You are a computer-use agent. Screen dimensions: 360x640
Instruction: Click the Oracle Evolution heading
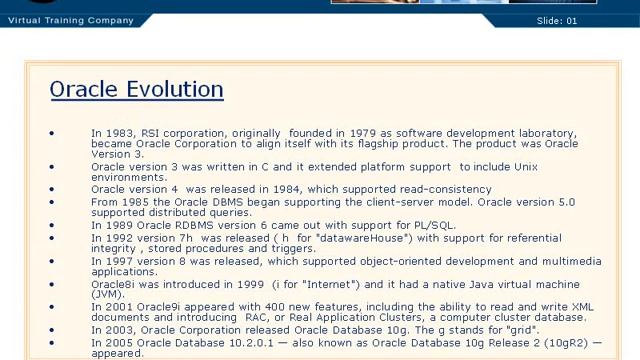pos(136,89)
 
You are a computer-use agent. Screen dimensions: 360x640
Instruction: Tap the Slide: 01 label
pos(585,20)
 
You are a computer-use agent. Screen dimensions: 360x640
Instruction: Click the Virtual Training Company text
pos(70,20)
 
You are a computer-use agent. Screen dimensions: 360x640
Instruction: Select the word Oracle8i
pos(112,284)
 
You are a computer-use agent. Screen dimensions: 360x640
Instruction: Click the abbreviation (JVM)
pos(107,295)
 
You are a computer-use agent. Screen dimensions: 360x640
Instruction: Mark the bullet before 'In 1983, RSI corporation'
pos(52,133)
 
